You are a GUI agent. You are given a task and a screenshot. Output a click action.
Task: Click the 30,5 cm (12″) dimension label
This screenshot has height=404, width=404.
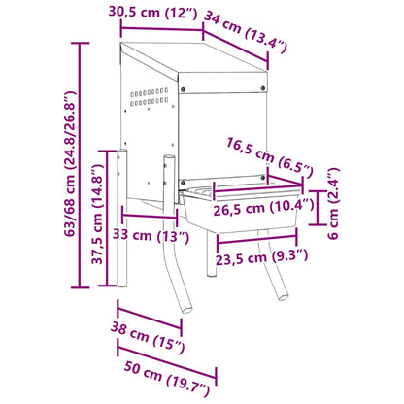tap(152, 13)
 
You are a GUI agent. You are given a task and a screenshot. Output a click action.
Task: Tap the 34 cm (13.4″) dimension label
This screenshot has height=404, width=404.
tap(246, 32)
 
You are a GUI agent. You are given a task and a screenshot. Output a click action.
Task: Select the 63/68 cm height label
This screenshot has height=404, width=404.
tap(70, 163)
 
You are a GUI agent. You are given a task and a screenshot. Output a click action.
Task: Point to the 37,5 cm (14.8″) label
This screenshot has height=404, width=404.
tap(97, 215)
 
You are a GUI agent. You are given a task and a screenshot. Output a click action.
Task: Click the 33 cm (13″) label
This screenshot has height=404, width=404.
tap(151, 235)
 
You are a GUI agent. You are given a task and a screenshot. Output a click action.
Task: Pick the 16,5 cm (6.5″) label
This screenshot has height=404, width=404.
tap(270, 157)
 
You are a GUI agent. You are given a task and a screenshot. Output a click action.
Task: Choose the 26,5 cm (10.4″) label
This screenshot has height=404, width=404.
tap(263, 208)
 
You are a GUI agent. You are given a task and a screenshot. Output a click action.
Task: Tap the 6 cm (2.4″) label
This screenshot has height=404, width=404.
tap(334, 203)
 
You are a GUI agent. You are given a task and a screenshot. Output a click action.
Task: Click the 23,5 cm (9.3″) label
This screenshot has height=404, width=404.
tap(261, 257)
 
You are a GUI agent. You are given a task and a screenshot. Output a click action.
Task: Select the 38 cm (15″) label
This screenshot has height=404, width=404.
tap(148, 337)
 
